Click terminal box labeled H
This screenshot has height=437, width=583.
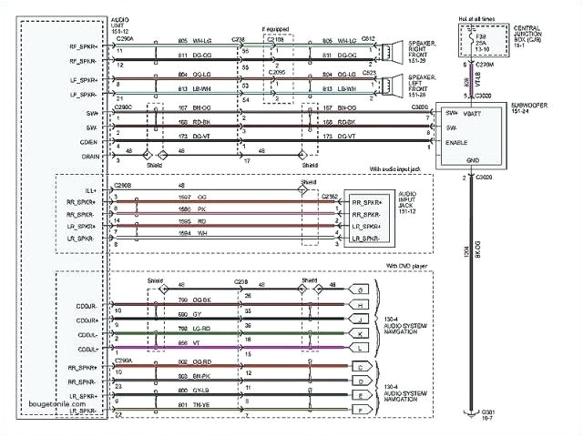coord(362,305)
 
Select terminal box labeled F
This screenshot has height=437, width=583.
coord(362,412)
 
